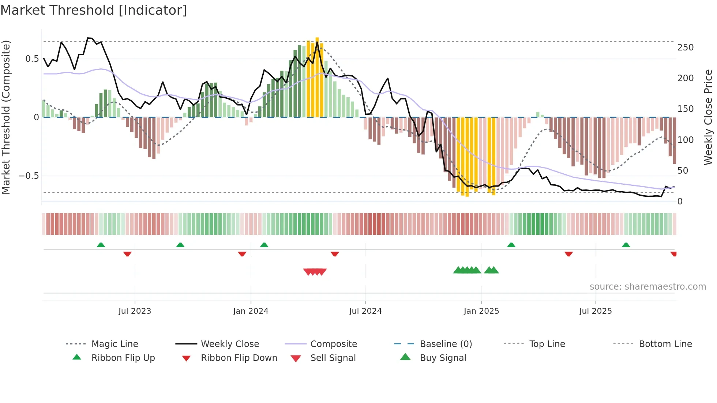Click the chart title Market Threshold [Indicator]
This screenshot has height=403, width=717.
(x=94, y=10)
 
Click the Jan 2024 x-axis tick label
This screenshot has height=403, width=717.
(x=251, y=311)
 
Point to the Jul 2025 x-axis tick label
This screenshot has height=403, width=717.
(x=595, y=311)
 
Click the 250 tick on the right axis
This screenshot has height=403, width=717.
(x=685, y=48)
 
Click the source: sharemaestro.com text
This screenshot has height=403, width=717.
(x=647, y=286)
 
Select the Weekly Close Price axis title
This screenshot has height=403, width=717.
(x=708, y=117)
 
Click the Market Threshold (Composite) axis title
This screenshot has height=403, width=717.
(x=6, y=117)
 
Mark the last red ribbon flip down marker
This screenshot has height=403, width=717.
(x=673, y=254)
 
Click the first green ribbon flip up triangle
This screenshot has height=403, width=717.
(x=101, y=245)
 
